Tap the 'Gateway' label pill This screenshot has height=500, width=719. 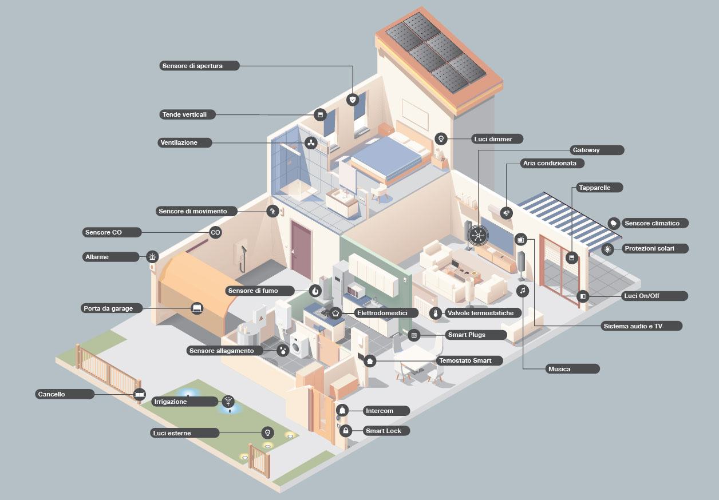point(596,150)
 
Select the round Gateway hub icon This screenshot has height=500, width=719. point(477,235)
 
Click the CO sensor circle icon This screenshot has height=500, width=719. point(215,232)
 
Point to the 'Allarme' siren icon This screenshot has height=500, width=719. point(152,257)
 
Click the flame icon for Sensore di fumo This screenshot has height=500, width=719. point(315,291)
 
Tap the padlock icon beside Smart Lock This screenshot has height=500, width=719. point(345,430)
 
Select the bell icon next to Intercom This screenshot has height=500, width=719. point(342,410)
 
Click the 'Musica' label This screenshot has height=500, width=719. point(572,369)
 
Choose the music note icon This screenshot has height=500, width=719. point(522,291)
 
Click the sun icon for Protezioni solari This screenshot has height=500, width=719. point(607,249)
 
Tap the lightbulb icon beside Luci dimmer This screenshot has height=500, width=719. point(441,138)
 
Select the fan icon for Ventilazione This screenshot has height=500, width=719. point(311,142)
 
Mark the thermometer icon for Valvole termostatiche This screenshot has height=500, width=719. point(436,314)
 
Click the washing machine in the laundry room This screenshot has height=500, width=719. point(299,346)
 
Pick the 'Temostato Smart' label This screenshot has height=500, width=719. point(469,360)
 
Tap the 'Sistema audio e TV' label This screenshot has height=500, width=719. point(641,326)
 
